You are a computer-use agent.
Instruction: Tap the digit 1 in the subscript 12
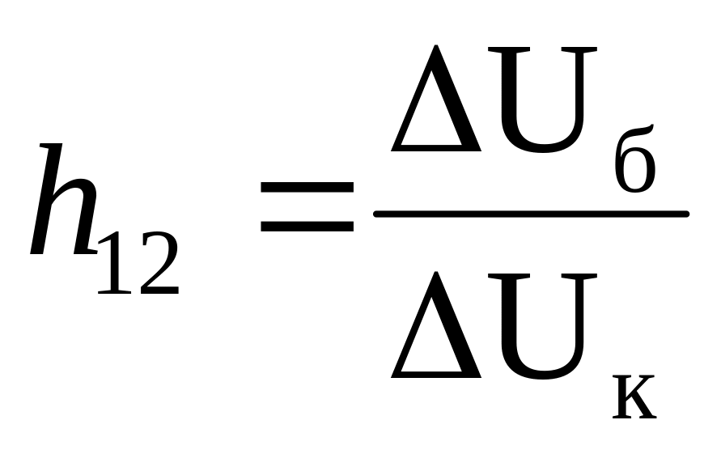point(112,264)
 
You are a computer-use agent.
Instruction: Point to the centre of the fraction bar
point(531,214)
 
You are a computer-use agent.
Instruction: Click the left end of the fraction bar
point(377,214)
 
